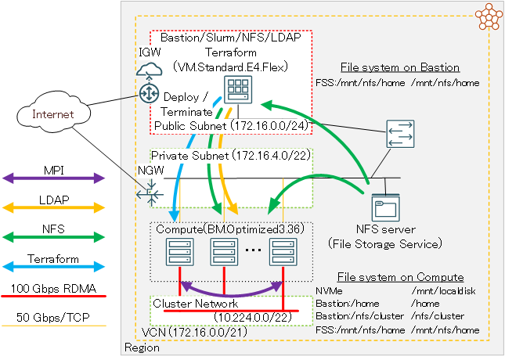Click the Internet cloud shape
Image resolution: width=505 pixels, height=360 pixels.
tap(52, 114)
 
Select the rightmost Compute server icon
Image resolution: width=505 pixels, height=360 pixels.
tap(281, 252)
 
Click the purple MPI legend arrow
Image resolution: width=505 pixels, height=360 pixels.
tap(54, 178)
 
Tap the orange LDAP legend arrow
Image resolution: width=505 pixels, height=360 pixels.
tap(54, 207)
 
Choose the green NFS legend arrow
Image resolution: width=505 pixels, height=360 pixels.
tap(54, 236)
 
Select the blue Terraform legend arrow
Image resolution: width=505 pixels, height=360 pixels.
tap(54, 266)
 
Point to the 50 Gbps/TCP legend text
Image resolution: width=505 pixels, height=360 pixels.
tap(54, 317)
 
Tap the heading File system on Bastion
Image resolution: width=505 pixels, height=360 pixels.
tap(400, 67)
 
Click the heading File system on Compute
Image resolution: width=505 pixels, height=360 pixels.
tap(400, 277)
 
